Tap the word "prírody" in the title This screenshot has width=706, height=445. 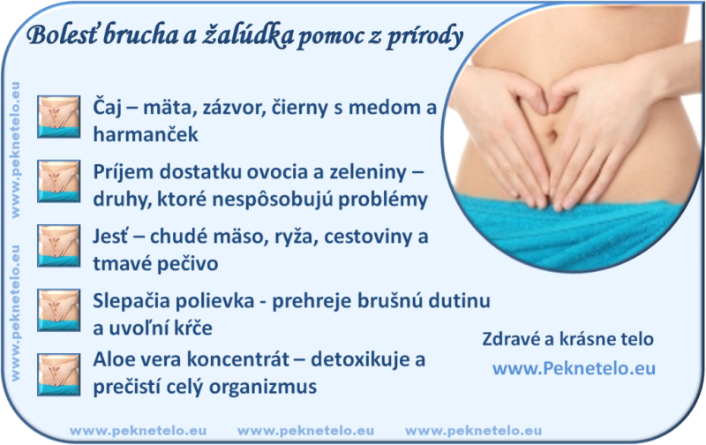(424, 37)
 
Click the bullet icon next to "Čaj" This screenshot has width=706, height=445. (58, 117)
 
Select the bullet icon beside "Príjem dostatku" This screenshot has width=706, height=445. (58, 181)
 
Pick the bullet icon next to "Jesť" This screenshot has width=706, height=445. (58, 245)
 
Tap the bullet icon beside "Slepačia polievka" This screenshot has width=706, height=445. (58, 310)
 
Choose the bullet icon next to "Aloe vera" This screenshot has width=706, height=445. (58, 374)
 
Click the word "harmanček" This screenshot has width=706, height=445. (146, 134)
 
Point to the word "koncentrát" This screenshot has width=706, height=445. (237, 360)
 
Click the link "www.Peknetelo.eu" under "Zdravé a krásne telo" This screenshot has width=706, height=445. (575, 368)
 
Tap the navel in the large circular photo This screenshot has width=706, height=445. (551, 134)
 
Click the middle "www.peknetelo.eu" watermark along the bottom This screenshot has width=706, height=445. (305, 431)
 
